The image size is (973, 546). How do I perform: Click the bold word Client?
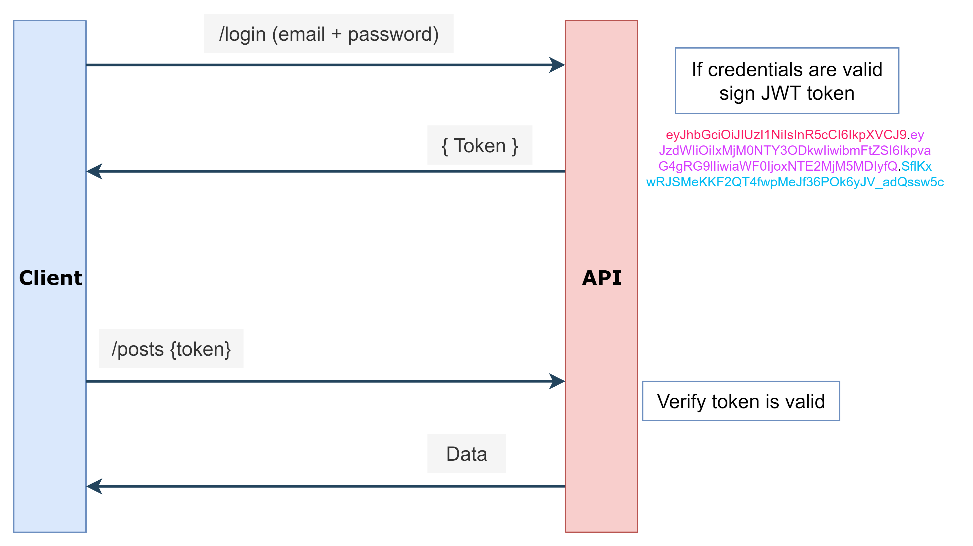50,278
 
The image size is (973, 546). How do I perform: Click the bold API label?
601,278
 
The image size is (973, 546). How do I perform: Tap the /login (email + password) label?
329,34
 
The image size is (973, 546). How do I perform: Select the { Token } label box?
480,145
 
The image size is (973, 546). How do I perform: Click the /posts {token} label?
171,349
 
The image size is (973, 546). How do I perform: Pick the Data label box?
466,454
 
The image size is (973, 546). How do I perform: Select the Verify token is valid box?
741,401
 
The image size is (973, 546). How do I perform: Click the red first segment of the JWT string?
786,135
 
